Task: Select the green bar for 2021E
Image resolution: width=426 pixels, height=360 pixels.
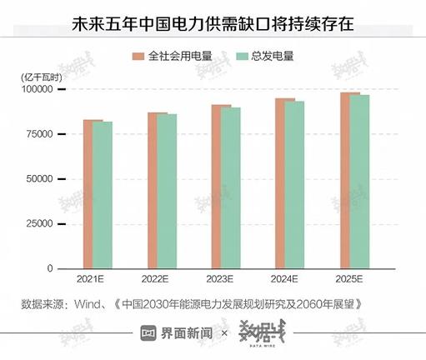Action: pos(103,195)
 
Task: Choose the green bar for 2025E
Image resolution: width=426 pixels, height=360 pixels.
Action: pos(359,182)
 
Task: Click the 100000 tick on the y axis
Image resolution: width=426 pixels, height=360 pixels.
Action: pos(38,88)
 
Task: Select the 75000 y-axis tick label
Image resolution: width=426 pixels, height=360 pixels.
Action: pos(41,133)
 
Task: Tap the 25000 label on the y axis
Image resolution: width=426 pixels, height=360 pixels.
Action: pos(41,223)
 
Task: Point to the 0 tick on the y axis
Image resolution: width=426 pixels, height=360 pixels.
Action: pos(50,268)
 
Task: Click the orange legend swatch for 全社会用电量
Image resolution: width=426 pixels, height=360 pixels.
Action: pos(138,57)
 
